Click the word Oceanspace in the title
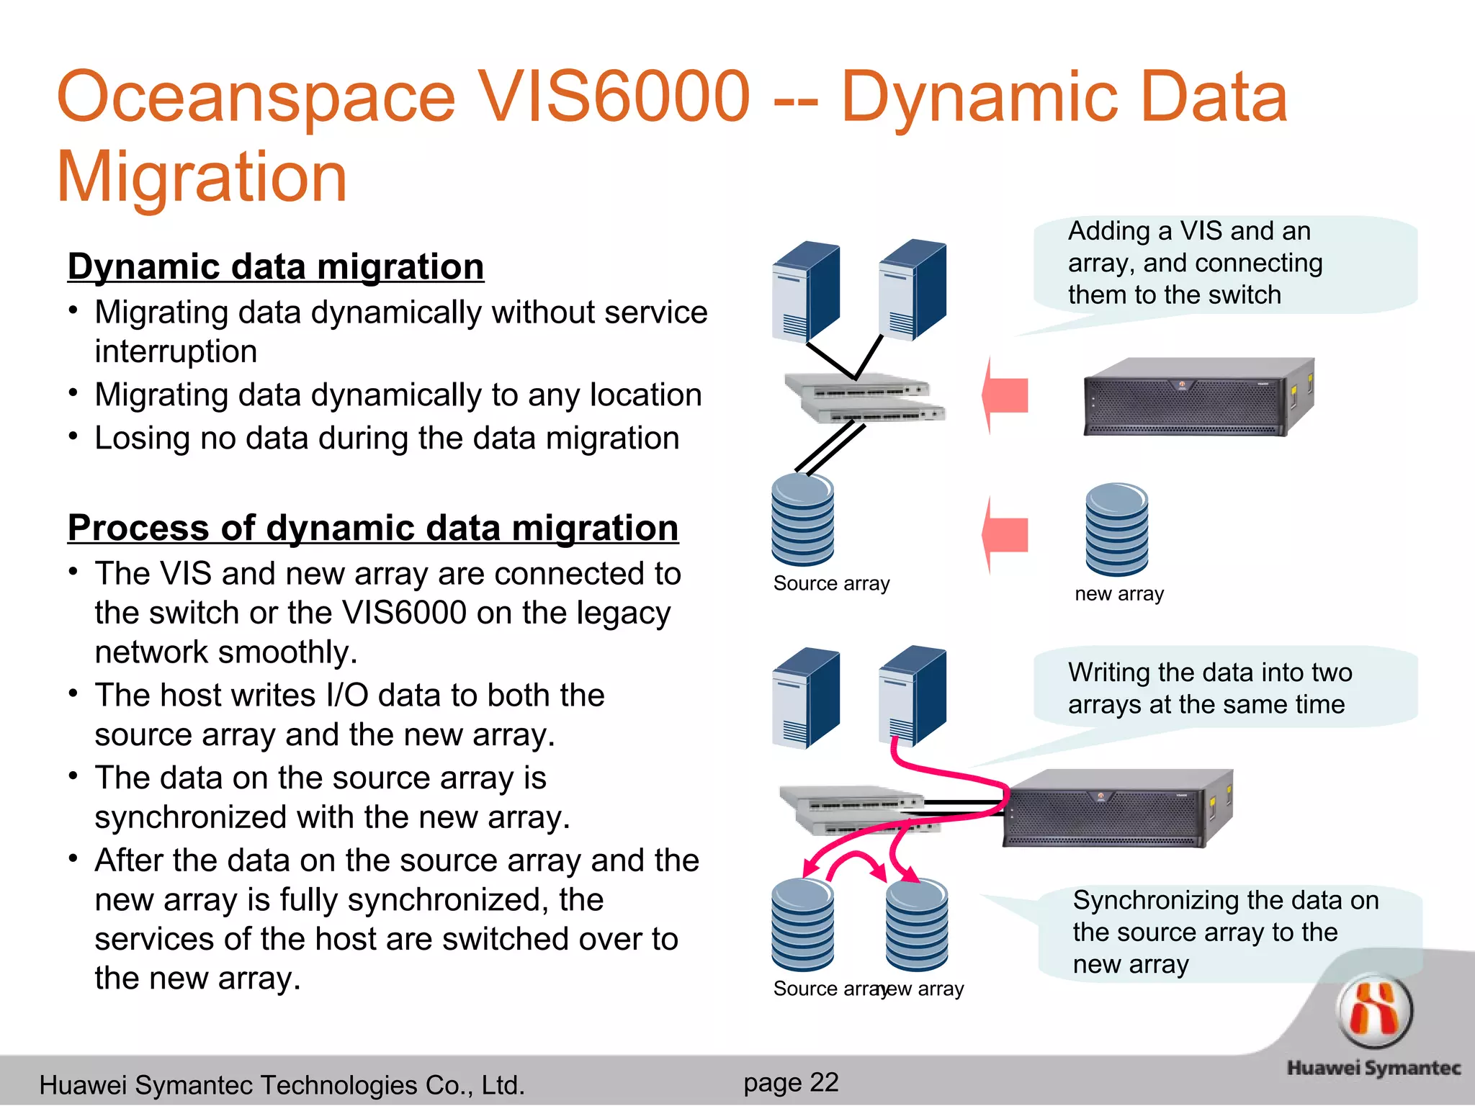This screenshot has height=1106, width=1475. click(256, 97)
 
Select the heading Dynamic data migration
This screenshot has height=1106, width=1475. click(275, 267)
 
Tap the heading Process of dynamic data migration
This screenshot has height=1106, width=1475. click(372, 528)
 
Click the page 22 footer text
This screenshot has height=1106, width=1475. click(791, 1082)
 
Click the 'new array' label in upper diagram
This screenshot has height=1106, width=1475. click(1118, 594)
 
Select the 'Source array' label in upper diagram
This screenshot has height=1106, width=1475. click(831, 583)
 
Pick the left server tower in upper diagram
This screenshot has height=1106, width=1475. click(805, 292)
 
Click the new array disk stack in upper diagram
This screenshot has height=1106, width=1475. click(1116, 529)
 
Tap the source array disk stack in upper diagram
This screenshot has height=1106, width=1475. click(802, 520)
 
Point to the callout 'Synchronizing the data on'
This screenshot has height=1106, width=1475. click(1224, 932)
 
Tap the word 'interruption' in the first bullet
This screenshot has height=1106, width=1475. click(176, 352)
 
